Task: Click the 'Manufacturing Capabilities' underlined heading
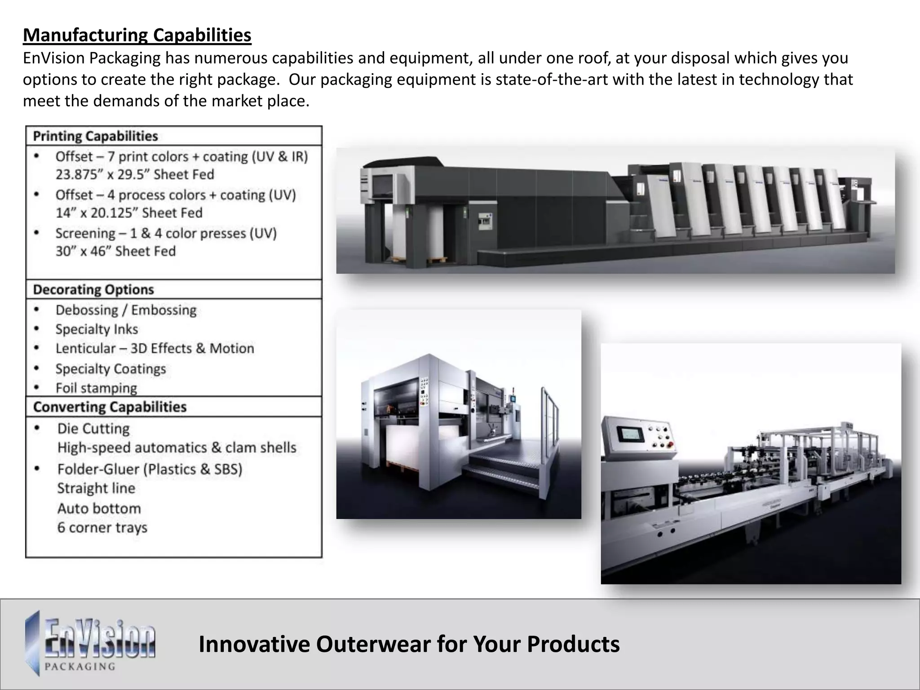tap(137, 35)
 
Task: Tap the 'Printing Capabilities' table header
tap(95, 136)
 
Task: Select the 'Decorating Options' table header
tap(93, 290)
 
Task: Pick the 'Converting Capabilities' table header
tap(110, 407)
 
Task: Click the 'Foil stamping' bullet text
tap(96, 388)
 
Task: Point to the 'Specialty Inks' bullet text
tap(97, 329)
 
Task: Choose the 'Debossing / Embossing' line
tap(126, 310)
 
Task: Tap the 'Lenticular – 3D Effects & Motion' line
tap(155, 349)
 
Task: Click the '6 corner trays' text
tap(102, 527)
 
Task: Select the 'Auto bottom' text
tap(99, 509)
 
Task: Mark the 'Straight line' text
tap(96, 488)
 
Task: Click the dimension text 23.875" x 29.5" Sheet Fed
tap(135, 174)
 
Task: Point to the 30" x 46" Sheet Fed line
tap(115, 251)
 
